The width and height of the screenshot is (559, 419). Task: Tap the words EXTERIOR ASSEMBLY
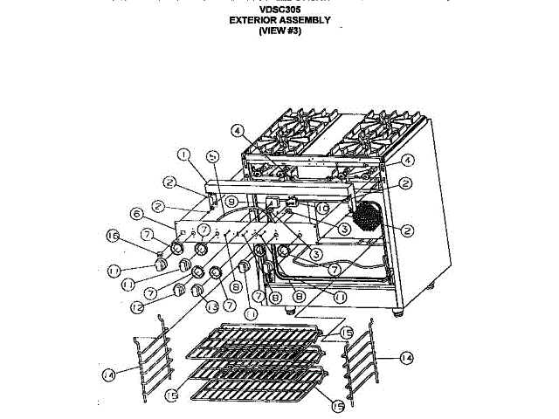pos(280,20)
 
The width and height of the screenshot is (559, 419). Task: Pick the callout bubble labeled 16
pos(136,235)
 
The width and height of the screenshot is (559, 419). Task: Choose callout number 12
pos(136,306)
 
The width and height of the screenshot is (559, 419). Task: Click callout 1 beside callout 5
pos(183,155)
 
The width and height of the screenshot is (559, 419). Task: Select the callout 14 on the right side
pos(405,357)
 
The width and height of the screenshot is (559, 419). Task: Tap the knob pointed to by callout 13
pos(197,290)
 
